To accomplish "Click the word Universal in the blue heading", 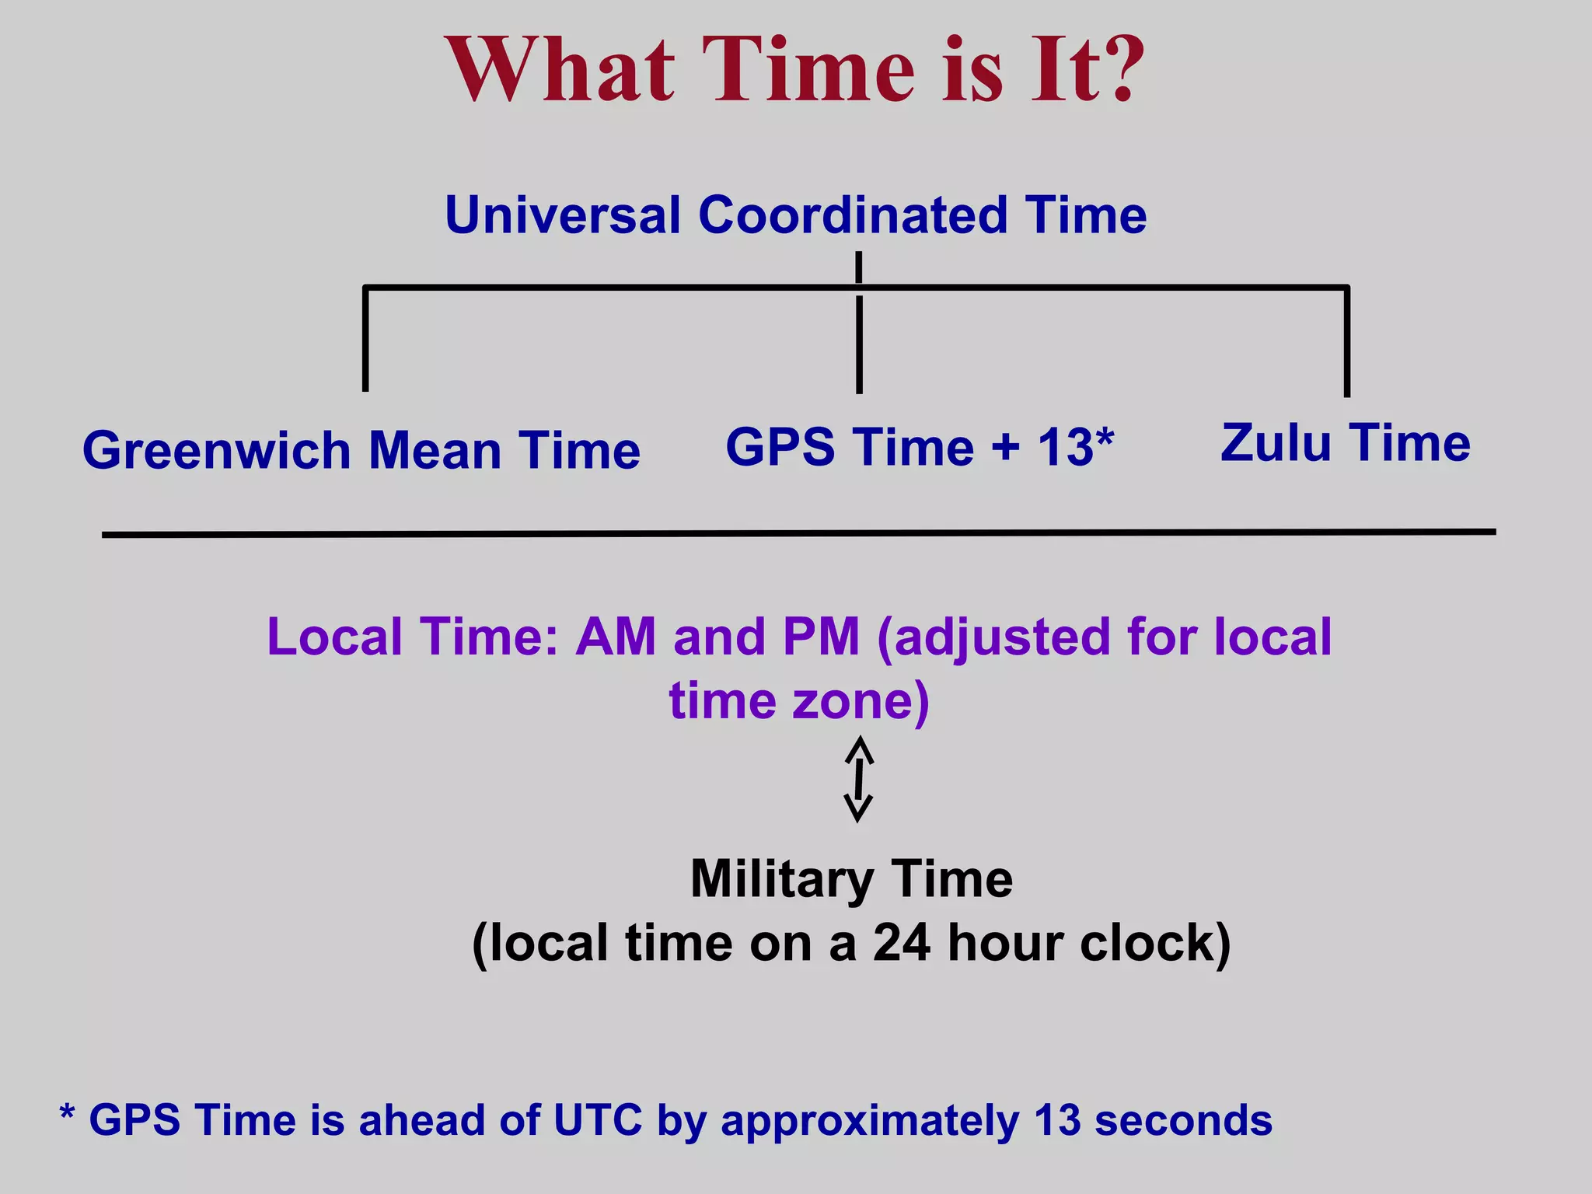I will point(562,215).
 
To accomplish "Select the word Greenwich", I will point(215,452).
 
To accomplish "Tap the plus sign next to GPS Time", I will point(1005,449).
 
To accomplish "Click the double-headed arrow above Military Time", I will point(858,779).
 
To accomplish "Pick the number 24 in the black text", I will point(902,944).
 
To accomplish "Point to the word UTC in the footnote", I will point(598,1121).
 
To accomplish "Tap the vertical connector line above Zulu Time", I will point(1346,342).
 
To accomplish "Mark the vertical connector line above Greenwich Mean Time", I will point(365,339).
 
